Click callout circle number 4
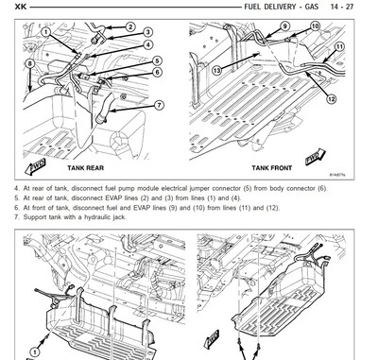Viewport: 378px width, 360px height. (147, 44)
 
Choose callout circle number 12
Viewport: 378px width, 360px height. (331, 99)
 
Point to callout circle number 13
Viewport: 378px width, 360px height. (216, 71)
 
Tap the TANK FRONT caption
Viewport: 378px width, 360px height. (273, 167)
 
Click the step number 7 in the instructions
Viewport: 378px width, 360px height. (15, 217)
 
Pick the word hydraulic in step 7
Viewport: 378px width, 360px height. (92, 217)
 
